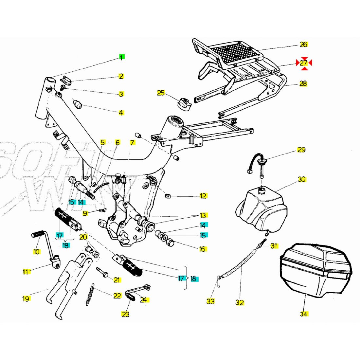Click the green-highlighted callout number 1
pyautogui.click(x=121, y=58)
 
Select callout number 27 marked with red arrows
pyautogui.click(x=304, y=63)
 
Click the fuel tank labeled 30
pyautogui.click(x=262, y=209)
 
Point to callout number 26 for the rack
pyautogui.click(x=304, y=45)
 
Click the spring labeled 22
pyautogui.click(x=91, y=295)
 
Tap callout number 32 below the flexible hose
pyautogui.click(x=240, y=303)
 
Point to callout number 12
pyautogui.click(x=203, y=196)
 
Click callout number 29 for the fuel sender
pyautogui.click(x=301, y=150)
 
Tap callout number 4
pyautogui.click(x=121, y=113)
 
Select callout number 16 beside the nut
pyautogui.click(x=203, y=249)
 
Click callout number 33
pyautogui.click(x=210, y=301)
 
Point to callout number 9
pyautogui.click(x=85, y=213)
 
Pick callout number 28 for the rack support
pyautogui.click(x=303, y=83)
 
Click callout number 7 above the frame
pyautogui.click(x=132, y=143)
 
